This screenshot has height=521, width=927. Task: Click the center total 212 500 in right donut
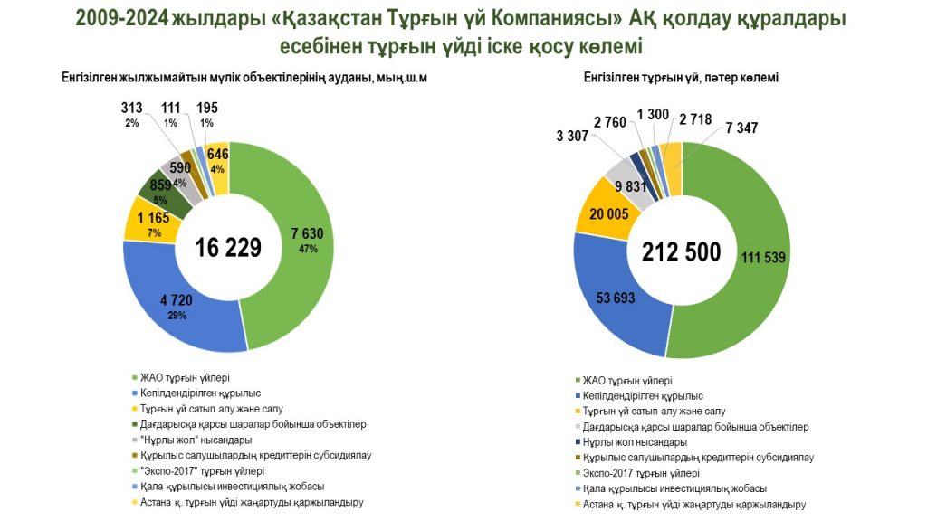pos(682,251)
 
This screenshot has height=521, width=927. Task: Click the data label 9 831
pos(631,186)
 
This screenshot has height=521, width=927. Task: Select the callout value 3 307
pos(571,136)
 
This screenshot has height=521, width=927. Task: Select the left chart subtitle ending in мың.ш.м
pos(244,79)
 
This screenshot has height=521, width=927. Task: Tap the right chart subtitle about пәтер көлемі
pos(681,79)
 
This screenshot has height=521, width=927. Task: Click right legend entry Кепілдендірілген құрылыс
pos(644,396)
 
